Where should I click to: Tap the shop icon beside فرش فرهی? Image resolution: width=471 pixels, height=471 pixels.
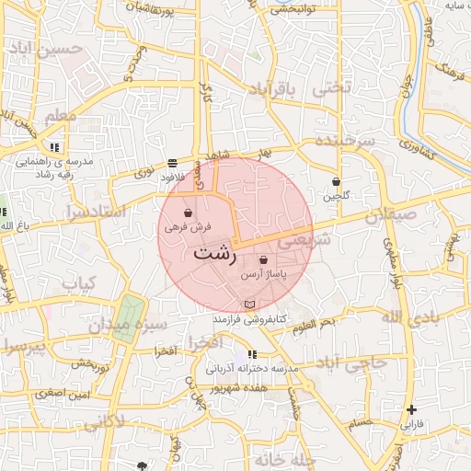[x=189, y=213]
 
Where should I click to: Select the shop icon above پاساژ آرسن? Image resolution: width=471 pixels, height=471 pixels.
[x=264, y=260]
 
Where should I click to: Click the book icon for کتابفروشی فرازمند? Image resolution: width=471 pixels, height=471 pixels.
[x=249, y=304]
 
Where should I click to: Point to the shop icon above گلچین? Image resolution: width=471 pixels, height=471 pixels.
[x=336, y=181]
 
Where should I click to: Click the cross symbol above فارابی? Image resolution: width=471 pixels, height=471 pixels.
[x=411, y=409]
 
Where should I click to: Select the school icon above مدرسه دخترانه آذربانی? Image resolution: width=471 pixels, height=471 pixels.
[x=253, y=354]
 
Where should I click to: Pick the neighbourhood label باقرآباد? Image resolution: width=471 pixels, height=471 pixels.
[x=274, y=90]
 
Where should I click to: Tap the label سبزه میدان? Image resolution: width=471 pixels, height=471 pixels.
[x=128, y=325]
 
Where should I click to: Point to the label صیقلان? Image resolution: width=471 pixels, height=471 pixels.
[x=390, y=217]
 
